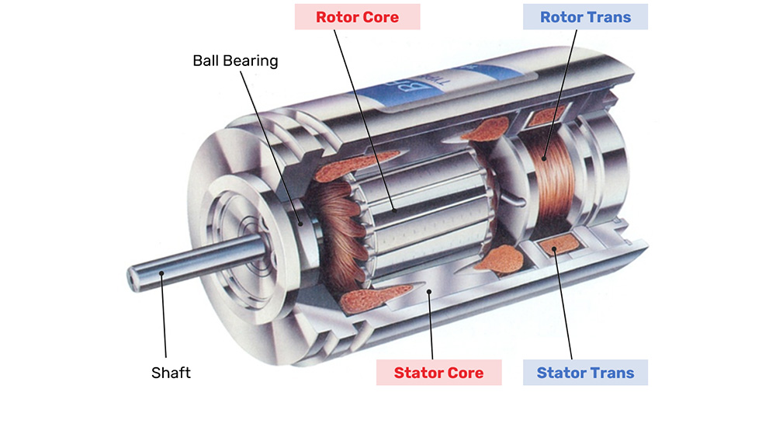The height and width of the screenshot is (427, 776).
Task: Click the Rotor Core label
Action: pyautogui.click(x=357, y=17)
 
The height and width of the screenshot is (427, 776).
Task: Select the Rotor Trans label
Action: pyautogui.click(x=585, y=17)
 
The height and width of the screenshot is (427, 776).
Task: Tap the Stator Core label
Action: pyautogui.click(x=438, y=373)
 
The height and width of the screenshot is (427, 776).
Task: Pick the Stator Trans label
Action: pyautogui.click(x=585, y=373)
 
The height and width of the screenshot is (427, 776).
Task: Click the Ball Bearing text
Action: pyautogui.click(x=235, y=61)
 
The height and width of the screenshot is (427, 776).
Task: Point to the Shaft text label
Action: pyautogui.click(x=171, y=373)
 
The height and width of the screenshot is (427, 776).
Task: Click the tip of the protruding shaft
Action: pyautogui.click(x=131, y=275)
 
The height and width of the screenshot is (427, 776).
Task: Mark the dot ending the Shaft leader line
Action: pyautogui.click(x=161, y=273)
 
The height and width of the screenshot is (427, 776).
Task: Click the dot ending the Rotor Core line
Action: pyautogui.click(x=394, y=210)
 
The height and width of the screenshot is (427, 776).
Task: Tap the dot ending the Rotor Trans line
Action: pyautogui.click(x=545, y=158)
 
